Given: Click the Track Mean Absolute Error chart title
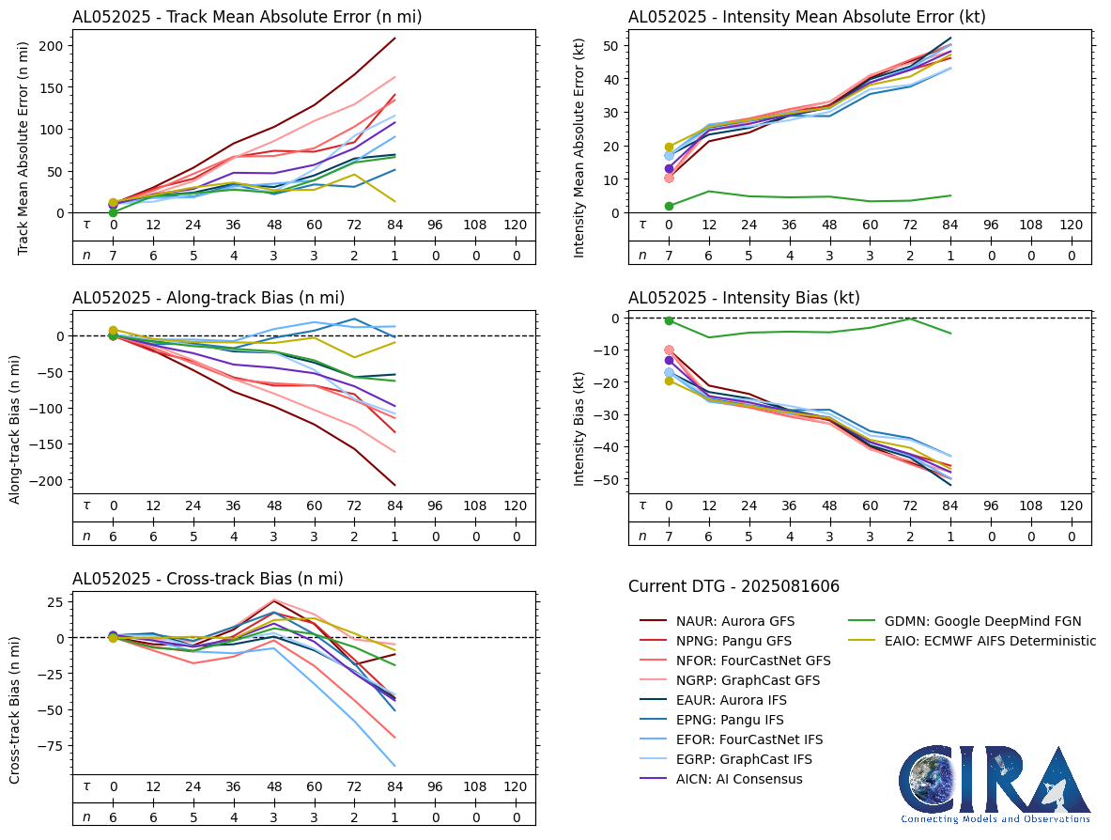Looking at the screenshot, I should pos(247,17).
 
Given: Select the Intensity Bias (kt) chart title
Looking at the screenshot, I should pos(744,298).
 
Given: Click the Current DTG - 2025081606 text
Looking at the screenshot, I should pos(733,587).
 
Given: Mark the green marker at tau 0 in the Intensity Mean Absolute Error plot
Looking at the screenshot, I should pos(669,206).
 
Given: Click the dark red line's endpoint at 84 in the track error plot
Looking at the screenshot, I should pos(394,39).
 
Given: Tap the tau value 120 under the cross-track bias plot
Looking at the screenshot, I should pos(516,786).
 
